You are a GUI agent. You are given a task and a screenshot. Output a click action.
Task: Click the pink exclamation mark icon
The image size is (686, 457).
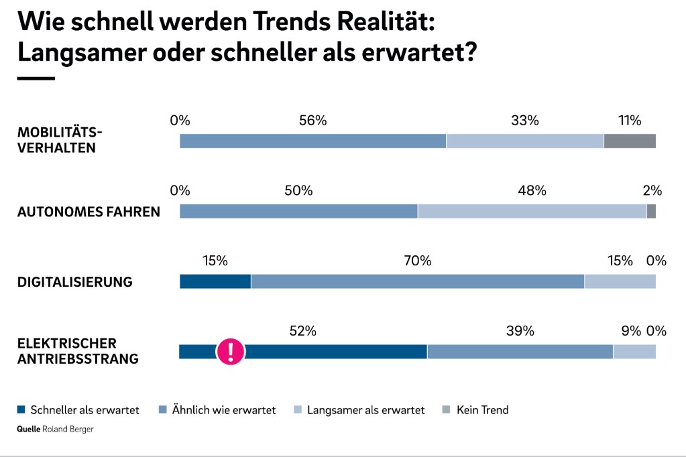pyautogui.click(x=231, y=351)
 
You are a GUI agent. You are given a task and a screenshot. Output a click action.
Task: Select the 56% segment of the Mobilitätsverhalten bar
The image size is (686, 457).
pyautogui.click(x=312, y=141)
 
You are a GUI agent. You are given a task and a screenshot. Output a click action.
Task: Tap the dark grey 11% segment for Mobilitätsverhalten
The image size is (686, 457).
pyautogui.click(x=630, y=141)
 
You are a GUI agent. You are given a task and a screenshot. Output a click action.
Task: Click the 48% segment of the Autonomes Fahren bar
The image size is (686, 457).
pyautogui.click(x=532, y=211)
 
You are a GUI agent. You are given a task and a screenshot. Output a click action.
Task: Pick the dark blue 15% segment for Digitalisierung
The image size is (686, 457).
pyautogui.click(x=215, y=281)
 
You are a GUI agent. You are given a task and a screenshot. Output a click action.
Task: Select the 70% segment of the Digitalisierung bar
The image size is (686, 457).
pyautogui.click(x=418, y=281)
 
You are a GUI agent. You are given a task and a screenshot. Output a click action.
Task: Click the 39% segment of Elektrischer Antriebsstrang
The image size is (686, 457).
pyautogui.click(x=520, y=351)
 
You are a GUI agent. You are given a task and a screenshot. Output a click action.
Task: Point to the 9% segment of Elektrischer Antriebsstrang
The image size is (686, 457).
pyautogui.click(x=634, y=351)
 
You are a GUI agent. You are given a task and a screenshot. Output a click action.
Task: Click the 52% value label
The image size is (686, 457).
pyautogui.click(x=302, y=330)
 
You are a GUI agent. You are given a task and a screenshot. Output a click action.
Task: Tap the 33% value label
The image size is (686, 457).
pyautogui.click(x=524, y=121)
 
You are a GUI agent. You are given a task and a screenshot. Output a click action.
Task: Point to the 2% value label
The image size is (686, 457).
pyautogui.click(x=652, y=190)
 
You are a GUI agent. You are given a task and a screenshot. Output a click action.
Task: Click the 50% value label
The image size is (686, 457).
pyautogui.click(x=298, y=190)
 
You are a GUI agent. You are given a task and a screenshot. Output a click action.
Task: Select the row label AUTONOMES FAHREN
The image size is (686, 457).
pyautogui.click(x=89, y=212)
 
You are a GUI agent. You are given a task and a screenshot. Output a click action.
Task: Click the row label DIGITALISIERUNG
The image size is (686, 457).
pyautogui.click(x=74, y=282)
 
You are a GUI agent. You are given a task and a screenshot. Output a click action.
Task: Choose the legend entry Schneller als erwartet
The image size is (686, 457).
pyautogui.click(x=84, y=409)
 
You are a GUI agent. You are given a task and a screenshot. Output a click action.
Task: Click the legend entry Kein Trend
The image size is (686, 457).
pyautogui.click(x=482, y=409)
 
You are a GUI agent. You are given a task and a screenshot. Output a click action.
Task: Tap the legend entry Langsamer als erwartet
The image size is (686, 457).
pyautogui.click(x=365, y=409)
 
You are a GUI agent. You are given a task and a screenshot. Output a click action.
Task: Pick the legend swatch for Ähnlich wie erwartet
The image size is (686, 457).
pyautogui.click(x=162, y=409)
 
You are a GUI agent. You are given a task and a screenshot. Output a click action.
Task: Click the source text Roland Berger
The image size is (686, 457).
pyautogui.click(x=68, y=430)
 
